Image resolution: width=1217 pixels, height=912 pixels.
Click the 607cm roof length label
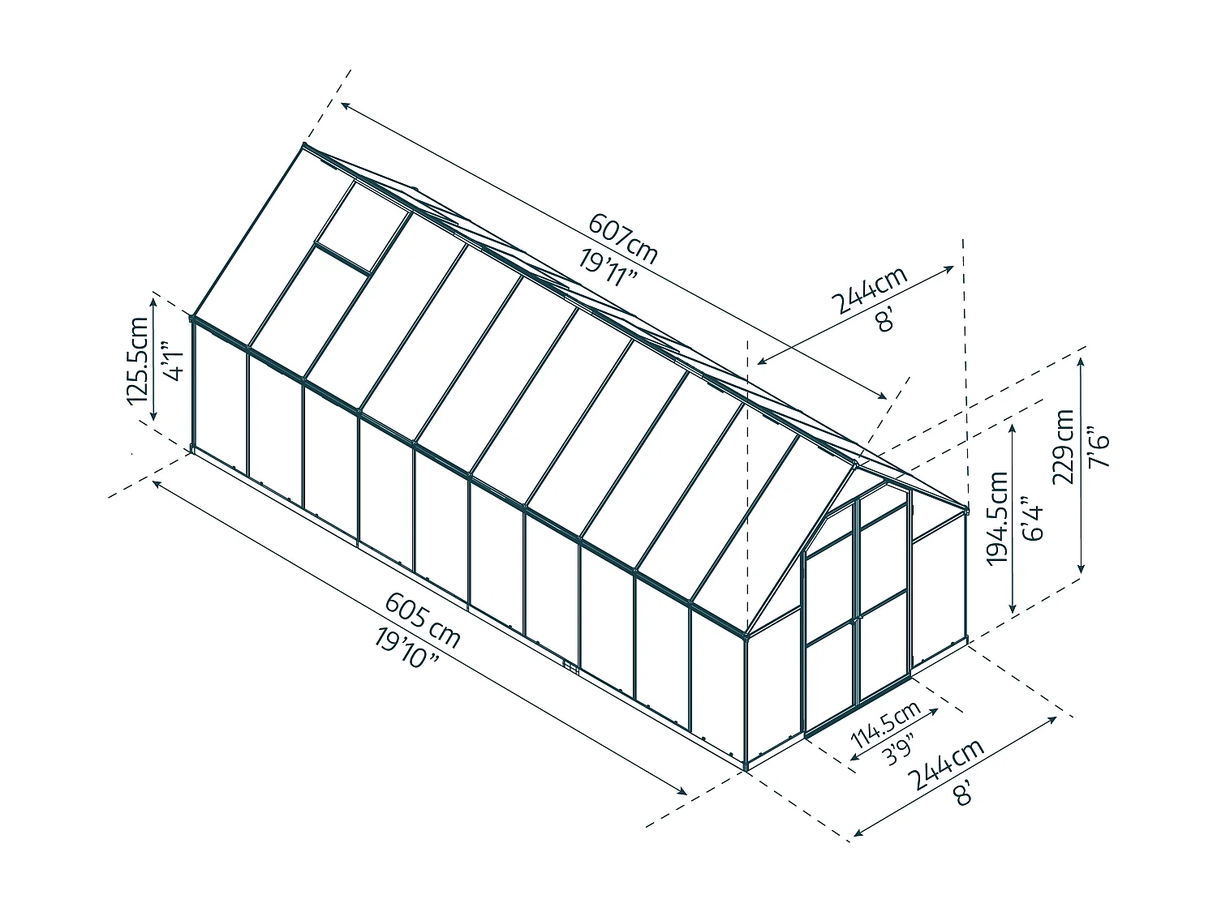623,238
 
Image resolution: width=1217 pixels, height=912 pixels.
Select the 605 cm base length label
423,620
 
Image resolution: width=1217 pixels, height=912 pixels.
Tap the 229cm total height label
1063,447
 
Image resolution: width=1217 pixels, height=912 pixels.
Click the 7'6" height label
1099,447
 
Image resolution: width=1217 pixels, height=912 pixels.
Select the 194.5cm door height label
998,518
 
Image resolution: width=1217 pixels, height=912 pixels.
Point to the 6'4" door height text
1032,518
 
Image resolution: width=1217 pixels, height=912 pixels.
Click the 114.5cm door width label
885,724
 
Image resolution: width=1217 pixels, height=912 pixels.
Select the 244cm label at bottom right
948,764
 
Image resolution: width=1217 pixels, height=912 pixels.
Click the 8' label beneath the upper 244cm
885,319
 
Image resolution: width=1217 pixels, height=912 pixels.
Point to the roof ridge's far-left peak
303,145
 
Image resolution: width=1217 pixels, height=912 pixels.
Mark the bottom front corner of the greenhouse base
746,768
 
